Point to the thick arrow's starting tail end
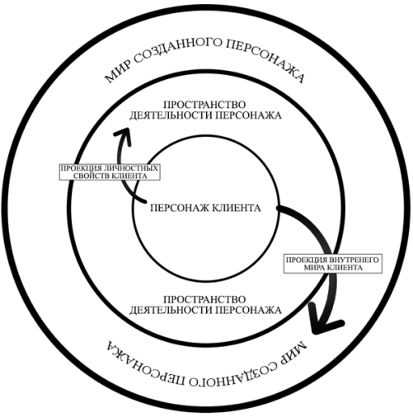[x=278, y=208]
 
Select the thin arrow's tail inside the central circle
[x=144, y=201]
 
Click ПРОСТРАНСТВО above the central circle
[x=204, y=105]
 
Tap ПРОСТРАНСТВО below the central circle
[x=204, y=299]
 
